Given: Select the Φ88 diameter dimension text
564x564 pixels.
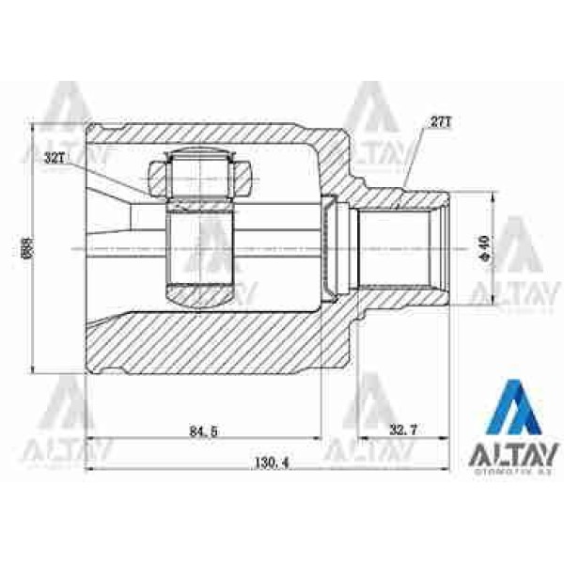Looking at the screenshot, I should (x=25, y=246).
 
